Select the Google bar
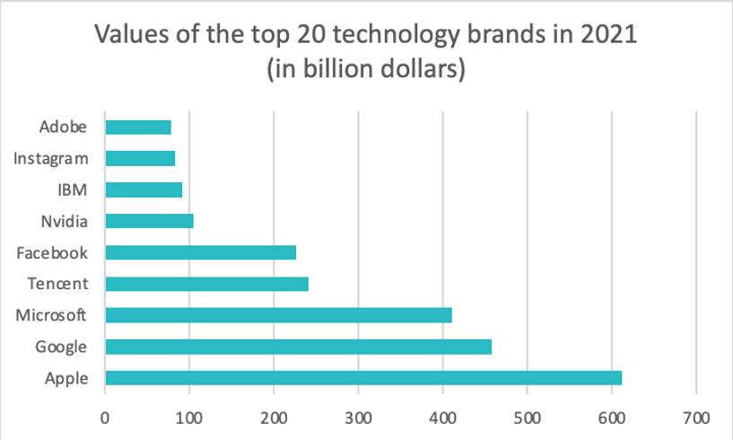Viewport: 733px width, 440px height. click(298, 347)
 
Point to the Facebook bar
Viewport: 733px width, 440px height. click(200, 252)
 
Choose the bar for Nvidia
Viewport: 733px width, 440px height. click(149, 221)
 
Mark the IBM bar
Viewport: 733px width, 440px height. click(144, 189)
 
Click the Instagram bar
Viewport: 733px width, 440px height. click(140, 158)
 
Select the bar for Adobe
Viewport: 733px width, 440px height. click(138, 127)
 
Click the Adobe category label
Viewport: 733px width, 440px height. click(64, 127)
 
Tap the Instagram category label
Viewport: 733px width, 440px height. click(52, 159)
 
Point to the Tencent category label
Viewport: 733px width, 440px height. click(58, 285)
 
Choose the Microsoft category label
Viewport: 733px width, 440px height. click(52, 316)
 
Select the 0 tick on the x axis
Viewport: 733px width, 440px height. click(105, 418)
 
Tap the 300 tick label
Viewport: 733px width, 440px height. click(358, 418)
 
